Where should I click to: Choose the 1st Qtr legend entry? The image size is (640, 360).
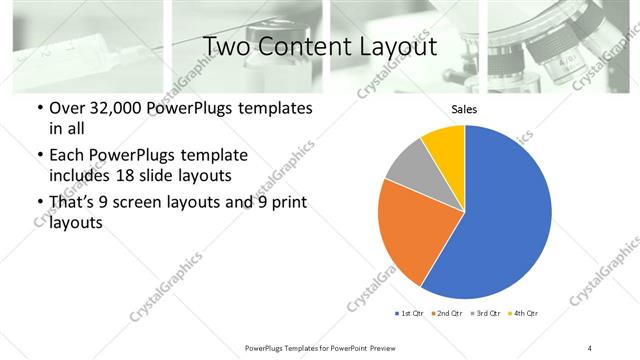pyautogui.click(x=411, y=314)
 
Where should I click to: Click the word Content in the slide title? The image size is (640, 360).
pyautogui.click(x=318, y=46)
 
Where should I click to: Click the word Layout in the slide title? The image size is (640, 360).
pyautogui.click(x=400, y=46)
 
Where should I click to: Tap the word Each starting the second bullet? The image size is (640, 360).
pyautogui.click(x=68, y=155)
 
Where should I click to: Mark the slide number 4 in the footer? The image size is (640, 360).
pyautogui.click(x=589, y=347)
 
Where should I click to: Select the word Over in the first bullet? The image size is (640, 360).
pyautogui.click(x=69, y=108)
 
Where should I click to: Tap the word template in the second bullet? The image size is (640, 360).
pyautogui.click(x=213, y=155)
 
